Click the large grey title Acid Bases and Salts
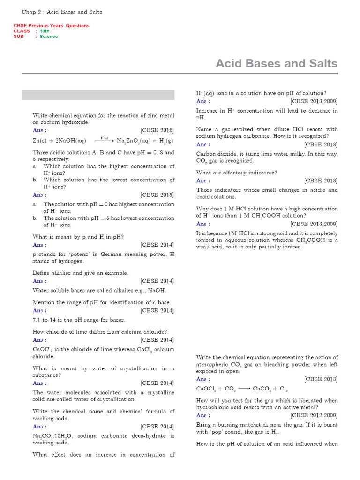pyautogui.click(x=276, y=63)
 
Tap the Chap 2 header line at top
pyautogui.click(x=62, y=11)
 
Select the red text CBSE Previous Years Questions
pyautogui.click(x=51, y=26)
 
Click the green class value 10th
pyautogui.click(x=45, y=31)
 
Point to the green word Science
pyautogui.click(x=49, y=37)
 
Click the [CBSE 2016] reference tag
pyautogui.click(x=157, y=130)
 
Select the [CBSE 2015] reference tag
pyautogui.click(x=157, y=195)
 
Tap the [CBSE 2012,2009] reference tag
pyautogui.click(x=314, y=415)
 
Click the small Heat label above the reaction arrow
pyautogui.click(x=105, y=138)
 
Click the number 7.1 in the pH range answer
pyautogui.click(x=37, y=320)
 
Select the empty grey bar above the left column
pyautogui.click(x=98, y=95)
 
